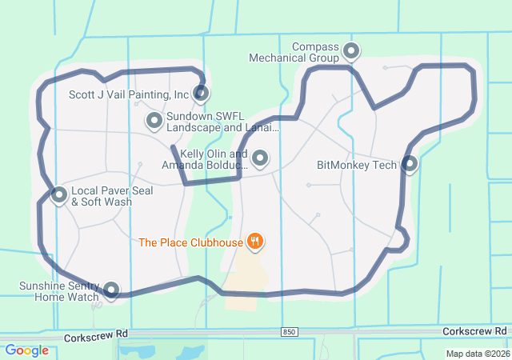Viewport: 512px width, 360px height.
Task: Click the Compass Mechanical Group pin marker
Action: (351, 52)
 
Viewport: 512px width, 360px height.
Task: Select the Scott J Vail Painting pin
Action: (202, 94)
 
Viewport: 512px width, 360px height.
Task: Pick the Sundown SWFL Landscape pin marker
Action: (154, 121)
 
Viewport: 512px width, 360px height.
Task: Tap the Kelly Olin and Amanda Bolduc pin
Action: (260, 158)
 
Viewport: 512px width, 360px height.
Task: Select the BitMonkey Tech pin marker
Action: (410, 164)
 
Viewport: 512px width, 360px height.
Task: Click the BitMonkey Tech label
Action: (357, 165)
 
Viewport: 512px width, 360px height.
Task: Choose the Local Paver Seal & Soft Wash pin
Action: (58, 194)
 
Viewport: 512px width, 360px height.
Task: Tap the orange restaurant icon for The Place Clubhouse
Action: (255, 240)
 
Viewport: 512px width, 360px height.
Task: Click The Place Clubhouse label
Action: (190, 242)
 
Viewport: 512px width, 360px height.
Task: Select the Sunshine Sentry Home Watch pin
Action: (111, 290)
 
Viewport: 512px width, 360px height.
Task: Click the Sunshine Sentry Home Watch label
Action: (61, 291)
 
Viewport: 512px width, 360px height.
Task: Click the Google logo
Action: (26, 350)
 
